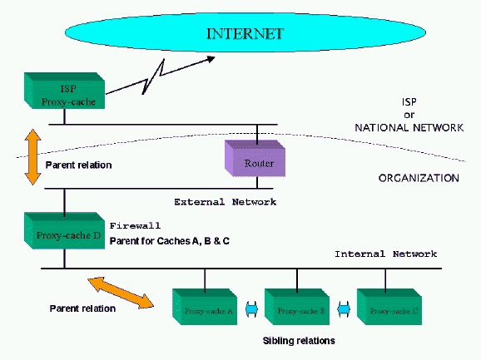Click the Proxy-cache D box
(67, 234)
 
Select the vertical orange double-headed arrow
(32, 156)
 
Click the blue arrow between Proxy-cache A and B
(251, 310)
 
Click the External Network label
(225, 202)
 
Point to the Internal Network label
(384, 254)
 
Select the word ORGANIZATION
(419, 178)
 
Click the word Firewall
(134, 225)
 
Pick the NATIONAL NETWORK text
(408, 128)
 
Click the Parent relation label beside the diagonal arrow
(82, 308)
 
